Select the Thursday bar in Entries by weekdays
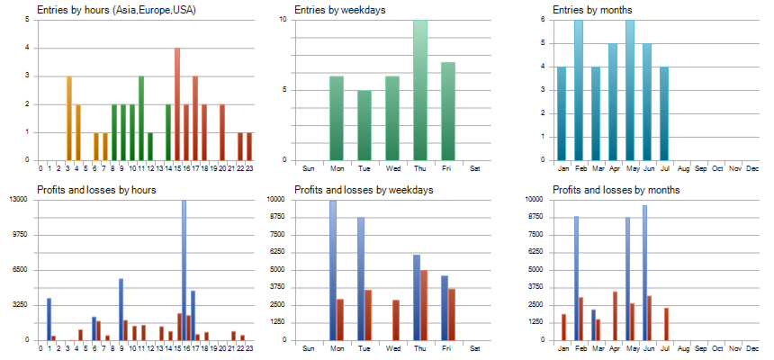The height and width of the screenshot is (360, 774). click(420, 90)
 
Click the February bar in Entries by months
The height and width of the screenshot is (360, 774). click(579, 90)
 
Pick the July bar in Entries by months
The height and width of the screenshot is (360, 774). click(664, 113)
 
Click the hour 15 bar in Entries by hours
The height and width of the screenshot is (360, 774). click(177, 103)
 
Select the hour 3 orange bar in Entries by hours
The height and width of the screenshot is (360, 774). click(69, 118)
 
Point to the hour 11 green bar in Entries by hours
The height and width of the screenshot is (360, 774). click(141, 118)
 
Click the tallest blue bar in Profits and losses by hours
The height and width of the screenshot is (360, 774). click(184, 270)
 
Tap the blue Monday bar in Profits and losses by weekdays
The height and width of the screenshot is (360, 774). click(333, 270)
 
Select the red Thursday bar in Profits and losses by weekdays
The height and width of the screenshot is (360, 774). click(424, 305)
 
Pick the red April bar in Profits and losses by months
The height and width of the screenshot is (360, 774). click(615, 316)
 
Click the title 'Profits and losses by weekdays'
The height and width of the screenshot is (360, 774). click(364, 190)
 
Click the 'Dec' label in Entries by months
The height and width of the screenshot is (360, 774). click(752, 167)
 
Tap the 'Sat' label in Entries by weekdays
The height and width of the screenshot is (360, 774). click(475, 167)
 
